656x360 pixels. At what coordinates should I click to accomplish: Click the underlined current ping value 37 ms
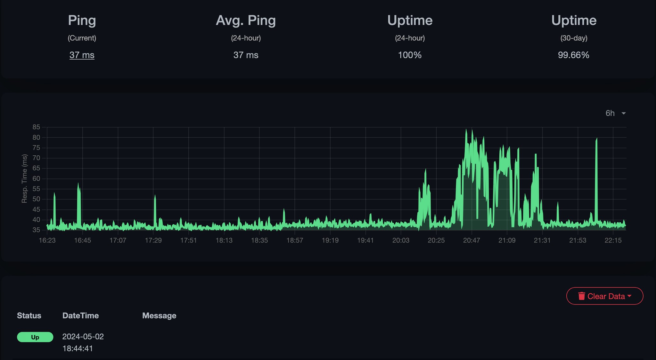(82, 55)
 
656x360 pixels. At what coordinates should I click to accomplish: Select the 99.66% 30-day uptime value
(573, 55)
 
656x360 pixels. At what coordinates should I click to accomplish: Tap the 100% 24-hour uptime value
(409, 55)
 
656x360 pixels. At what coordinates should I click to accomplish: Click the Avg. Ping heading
(246, 20)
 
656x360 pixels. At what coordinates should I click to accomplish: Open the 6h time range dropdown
(615, 113)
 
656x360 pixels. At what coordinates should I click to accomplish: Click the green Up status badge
(35, 337)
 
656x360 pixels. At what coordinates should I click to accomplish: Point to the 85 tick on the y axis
(36, 127)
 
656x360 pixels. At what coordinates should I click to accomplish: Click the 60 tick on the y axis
(36, 179)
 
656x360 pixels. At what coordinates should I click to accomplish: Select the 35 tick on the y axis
(36, 230)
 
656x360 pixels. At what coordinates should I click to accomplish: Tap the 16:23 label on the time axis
(47, 241)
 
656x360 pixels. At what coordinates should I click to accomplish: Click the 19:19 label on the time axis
(330, 241)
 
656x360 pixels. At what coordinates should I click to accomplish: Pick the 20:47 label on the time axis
(471, 241)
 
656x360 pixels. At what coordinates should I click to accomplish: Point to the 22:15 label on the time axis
(613, 241)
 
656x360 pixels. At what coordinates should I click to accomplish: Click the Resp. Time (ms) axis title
(24, 178)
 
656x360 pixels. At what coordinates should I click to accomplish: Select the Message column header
(159, 316)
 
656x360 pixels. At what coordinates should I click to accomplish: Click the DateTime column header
(80, 316)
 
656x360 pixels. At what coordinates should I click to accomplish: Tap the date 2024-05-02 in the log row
(83, 337)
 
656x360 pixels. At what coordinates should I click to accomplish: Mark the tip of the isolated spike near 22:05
(596, 138)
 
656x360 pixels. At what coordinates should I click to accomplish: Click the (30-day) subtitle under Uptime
(574, 38)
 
